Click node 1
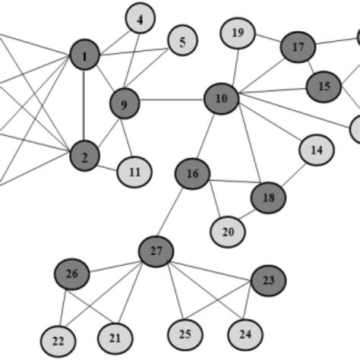[84, 55]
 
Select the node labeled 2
[84, 157]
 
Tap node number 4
[140, 19]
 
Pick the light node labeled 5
[182, 43]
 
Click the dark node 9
[125, 103]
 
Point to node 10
[221, 98]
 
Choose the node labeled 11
[134, 172]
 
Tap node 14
[317, 150]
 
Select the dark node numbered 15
[324, 87]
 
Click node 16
[193, 175]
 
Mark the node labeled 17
[298, 48]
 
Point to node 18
[269, 198]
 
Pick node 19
[238, 33]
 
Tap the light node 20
[228, 232]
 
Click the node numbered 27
[156, 251]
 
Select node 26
[72, 273]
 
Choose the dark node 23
[268, 280]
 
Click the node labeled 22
[58, 339]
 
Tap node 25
[185, 333]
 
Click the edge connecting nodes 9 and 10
[172, 99]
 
